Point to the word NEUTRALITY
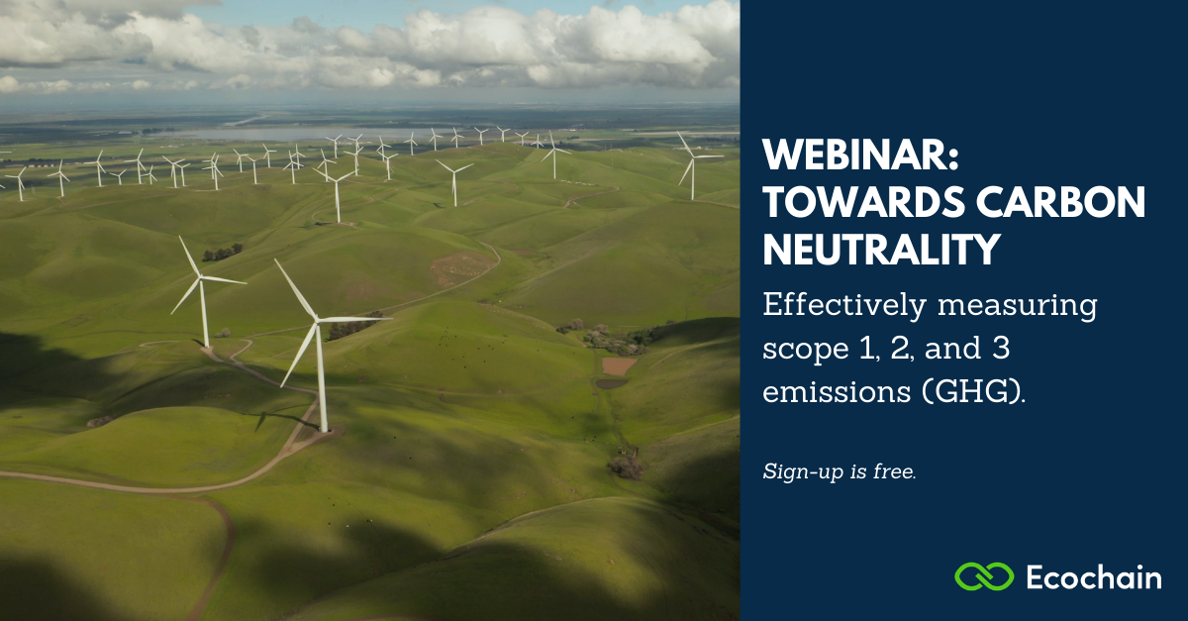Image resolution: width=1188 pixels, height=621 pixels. [x=881, y=250]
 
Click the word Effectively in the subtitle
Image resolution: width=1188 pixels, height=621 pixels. [x=844, y=306]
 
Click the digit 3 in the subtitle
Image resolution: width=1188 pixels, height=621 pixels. [x=1001, y=349]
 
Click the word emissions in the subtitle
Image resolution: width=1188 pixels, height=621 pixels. [x=837, y=391]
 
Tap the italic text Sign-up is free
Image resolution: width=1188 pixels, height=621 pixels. [x=840, y=471]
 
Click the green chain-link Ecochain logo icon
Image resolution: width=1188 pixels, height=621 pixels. [x=984, y=576]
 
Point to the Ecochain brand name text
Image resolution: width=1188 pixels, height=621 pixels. [x=1094, y=577]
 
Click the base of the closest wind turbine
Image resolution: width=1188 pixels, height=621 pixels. [x=324, y=430]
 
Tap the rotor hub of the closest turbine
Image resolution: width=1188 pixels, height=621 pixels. [x=317, y=320]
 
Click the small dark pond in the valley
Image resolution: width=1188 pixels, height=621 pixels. [x=611, y=383]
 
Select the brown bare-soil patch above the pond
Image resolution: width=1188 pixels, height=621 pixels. [x=619, y=365]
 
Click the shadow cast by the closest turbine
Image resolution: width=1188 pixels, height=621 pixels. [x=281, y=418]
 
